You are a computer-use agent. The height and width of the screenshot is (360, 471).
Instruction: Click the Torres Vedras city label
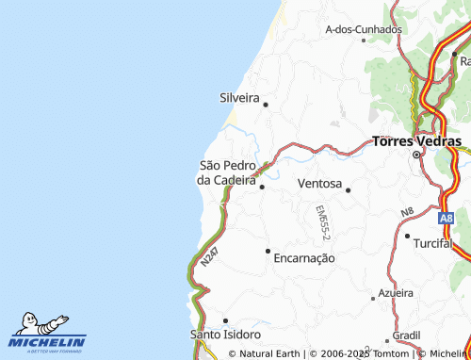(417, 141)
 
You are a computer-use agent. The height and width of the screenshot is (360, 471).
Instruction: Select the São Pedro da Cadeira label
(227, 172)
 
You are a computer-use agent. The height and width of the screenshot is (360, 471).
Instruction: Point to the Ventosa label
(318, 183)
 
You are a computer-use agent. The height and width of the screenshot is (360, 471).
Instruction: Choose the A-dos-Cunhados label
(364, 29)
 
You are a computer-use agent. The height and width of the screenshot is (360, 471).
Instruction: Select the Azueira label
(395, 293)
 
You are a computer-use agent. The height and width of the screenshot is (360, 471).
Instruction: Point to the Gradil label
(406, 335)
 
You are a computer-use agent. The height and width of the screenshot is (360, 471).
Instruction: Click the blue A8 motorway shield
(447, 218)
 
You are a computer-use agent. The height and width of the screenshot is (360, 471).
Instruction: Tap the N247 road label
(210, 260)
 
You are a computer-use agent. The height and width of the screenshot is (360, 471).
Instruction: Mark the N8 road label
(407, 212)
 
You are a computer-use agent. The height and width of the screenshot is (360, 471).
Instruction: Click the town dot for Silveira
(266, 105)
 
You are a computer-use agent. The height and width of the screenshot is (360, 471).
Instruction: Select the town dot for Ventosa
(348, 190)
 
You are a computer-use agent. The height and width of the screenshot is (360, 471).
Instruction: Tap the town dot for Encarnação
(268, 251)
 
